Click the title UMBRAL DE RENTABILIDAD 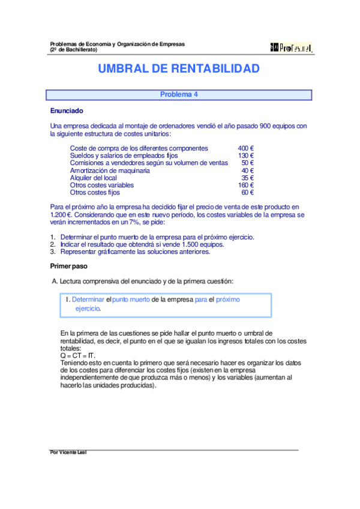[x=179, y=69]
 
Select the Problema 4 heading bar [x=179, y=95]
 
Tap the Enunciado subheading [x=67, y=111]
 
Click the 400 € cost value [x=245, y=148]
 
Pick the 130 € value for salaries [x=245, y=155]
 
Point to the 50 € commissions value [x=247, y=163]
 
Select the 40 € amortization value [x=247, y=170]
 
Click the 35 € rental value [x=247, y=178]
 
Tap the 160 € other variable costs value [x=245, y=185]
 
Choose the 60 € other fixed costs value [x=247, y=193]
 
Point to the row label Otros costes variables [x=102, y=185]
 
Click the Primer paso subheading [x=69, y=265]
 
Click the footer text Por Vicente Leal [x=68, y=453]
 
